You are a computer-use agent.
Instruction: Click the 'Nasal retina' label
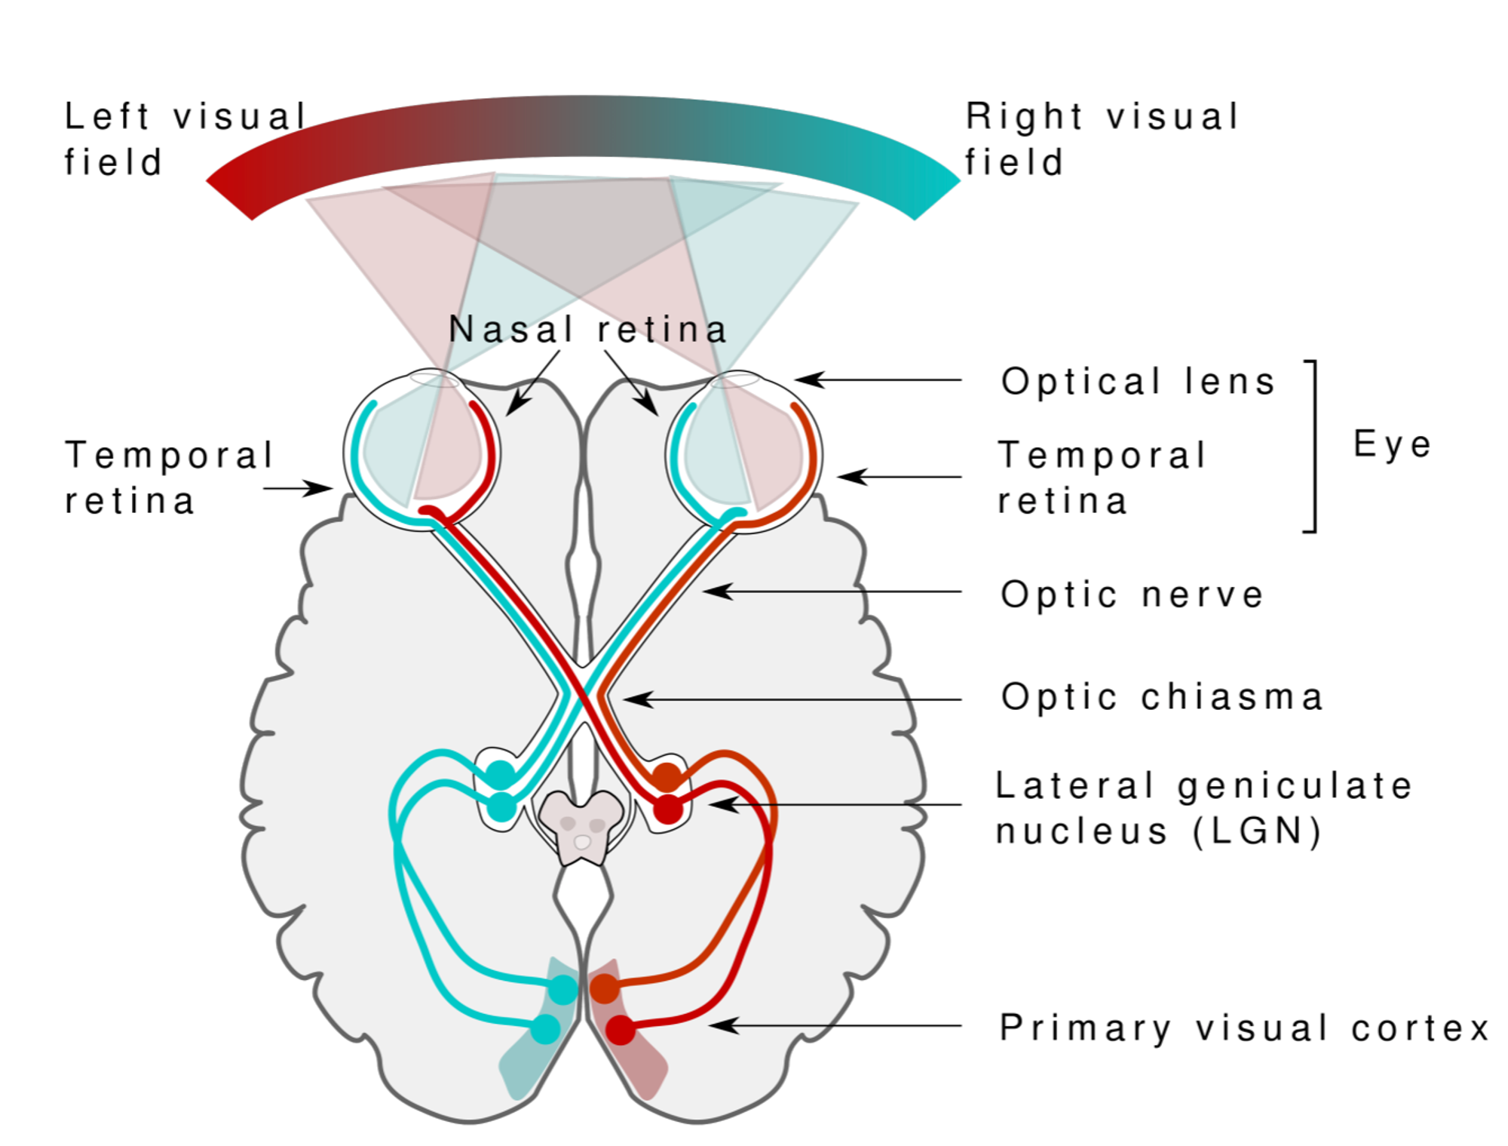pos(587,330)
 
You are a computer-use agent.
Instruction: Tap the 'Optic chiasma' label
pos(1161,697)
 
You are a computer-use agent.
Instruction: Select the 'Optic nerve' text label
pos(1132,595)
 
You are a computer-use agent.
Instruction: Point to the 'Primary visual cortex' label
pos(1243,1028)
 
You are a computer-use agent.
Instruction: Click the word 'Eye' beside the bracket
pos(1392,444)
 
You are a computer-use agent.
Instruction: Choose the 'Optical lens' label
pos(1138,382)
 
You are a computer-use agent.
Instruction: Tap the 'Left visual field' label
pos(185,140)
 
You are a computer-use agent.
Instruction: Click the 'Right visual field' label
pos(1102,140)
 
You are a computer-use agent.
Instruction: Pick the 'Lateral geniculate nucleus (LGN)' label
pos(1203,808)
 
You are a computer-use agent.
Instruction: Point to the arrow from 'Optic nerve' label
pos(829,591)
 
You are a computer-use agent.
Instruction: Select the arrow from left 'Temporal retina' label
pos(298,489)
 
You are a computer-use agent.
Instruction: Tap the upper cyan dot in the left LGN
pos(500,774)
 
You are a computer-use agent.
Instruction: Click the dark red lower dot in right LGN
pos(667,809)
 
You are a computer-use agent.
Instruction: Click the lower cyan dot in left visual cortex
pos(545,1029)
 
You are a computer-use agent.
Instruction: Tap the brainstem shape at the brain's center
pos(581,826)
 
